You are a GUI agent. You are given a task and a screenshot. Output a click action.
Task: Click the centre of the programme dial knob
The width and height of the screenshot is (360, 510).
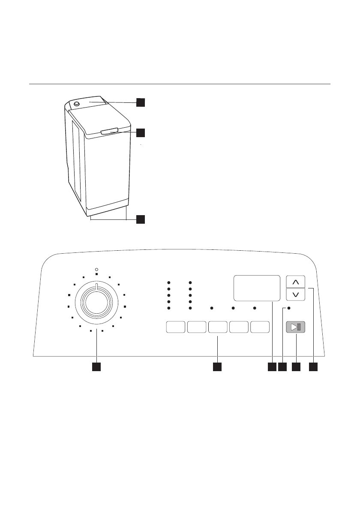click(x=97, y=302)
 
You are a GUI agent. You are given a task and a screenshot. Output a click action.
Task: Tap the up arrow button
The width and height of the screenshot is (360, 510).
click(x=295, y=282)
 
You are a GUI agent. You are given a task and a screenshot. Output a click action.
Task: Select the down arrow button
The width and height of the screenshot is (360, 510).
click(x=295, y=295)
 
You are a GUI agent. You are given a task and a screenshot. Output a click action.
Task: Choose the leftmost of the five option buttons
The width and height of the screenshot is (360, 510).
click(x=175, y=327)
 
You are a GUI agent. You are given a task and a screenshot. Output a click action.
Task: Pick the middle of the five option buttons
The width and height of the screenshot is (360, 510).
click(x=218, y=327)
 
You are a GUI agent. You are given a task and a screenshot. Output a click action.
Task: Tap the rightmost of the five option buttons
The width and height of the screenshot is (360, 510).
click(x=260, y=327)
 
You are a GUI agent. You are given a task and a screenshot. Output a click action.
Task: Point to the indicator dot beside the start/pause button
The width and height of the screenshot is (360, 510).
click(x=288, y=308)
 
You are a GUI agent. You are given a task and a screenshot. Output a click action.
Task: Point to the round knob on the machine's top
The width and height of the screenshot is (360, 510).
click(x=77, y=104)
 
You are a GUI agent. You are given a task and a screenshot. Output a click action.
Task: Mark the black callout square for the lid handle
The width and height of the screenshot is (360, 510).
click(x=141, y=133)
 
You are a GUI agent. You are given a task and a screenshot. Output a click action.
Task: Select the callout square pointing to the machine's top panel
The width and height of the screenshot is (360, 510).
click(x=141, y=102)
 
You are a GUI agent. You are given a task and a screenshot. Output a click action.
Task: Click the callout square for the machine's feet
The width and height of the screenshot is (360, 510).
click(x=141, y=219)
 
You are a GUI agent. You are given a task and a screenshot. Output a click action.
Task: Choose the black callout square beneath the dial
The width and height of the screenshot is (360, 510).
click(x=97, y=367)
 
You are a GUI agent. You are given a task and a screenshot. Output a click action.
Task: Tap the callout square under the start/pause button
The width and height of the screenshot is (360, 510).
click(x=296, y=367)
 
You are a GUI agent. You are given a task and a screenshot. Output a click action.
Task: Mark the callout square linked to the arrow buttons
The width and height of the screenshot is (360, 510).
click(x=314, y=367)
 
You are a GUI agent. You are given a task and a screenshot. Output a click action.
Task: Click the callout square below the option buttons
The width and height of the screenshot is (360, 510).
click(x=218, y=367)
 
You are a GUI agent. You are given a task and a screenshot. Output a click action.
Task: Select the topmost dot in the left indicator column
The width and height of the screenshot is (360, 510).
click(x=169, y=283)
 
